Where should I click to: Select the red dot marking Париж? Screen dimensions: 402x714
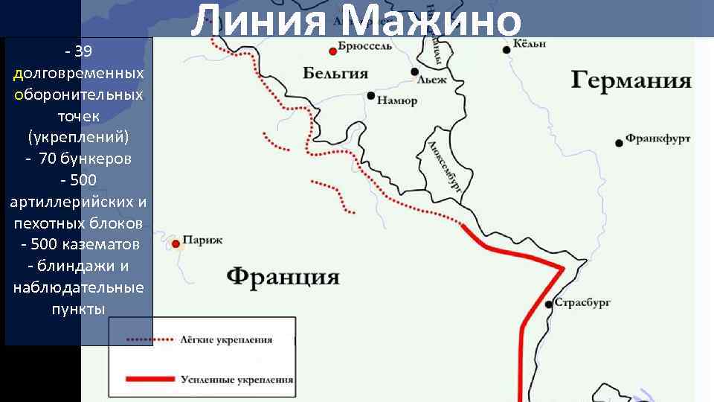coord(176,243)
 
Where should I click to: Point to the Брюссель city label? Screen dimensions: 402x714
coord(365,48)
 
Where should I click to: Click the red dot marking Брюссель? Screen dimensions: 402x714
coord(332,51)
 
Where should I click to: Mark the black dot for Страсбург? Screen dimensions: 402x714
coord(549,304)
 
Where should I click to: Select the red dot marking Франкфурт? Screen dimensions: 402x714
coord(619,142)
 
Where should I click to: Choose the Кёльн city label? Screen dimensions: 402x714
coord(530,45)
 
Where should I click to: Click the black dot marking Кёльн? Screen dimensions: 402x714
coord(506,49)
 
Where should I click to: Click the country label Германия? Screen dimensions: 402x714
coord(631,80)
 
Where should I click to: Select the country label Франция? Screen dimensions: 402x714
coord(283,277)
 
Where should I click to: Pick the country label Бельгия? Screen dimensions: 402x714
coord(335,73)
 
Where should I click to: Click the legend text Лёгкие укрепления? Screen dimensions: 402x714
coord(226,339)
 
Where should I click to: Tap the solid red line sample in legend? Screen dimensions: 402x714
coord(151,380)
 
